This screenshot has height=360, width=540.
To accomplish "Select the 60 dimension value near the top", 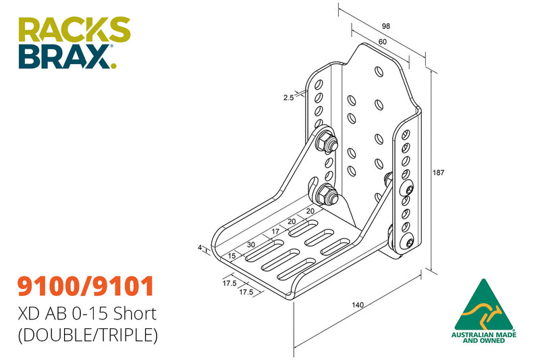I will tap(382, 41).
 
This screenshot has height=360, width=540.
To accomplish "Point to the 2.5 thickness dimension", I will tap(288, 98).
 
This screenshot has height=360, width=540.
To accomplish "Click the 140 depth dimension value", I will tap(358, 305).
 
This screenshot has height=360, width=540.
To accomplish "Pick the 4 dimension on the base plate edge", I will tap(200, 248).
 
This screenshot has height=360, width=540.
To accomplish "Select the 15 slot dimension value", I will tap(232, 255).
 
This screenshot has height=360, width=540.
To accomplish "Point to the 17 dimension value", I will tap(274, 232).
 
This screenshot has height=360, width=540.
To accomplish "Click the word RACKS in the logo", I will tap(74, 30).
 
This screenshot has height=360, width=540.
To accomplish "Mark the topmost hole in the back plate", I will tap(379, 70).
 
